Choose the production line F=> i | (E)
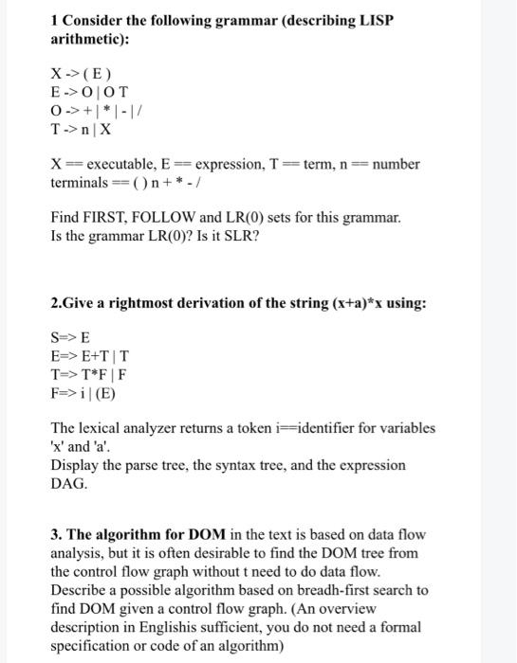point(85,392)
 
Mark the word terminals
point(80,182)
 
